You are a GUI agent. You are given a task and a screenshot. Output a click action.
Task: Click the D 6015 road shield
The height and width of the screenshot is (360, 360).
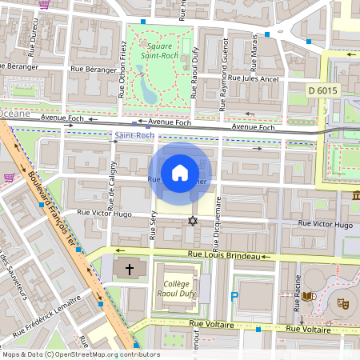(x=323, y=91)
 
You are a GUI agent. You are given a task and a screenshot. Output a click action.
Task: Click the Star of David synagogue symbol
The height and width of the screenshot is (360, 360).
(x=191, y=220)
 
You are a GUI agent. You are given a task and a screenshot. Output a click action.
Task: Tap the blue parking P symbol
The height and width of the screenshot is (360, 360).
(x=234, y=296)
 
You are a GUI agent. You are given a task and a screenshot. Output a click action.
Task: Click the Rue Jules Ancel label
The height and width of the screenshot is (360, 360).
(x=253, y=79)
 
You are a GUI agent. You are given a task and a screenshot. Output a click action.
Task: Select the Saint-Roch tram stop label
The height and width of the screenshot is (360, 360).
(x=135, y=136)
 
